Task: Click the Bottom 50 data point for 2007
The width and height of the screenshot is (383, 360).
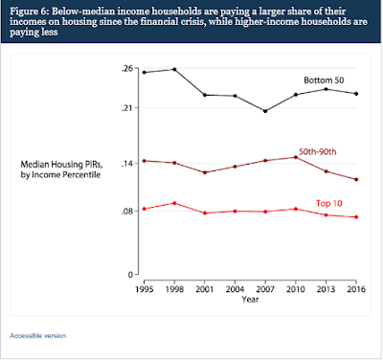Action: pos(265,111)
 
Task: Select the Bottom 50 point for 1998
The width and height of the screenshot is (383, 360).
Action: pos(174,69)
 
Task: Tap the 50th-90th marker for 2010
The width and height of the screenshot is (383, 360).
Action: pos(296,157)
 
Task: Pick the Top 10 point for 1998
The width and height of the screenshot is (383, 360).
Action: pos(174,203)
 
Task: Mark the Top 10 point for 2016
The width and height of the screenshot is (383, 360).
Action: pos(356,217)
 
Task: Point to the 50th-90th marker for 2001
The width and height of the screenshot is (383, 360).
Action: pos(205,172)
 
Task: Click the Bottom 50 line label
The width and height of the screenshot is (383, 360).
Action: pos(324,80)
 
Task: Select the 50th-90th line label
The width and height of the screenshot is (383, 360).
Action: pos(318,151)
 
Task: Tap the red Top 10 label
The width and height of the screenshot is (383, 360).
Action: pos(328,203)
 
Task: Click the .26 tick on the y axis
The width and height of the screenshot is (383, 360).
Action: pos(126,69)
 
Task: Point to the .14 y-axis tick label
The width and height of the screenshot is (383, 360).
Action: pos(126,164)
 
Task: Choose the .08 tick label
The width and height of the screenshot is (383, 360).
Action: pos(126,212)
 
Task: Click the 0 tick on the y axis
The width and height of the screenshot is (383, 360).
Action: pos(130,275)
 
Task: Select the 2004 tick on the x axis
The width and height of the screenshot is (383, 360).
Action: pos(235,289)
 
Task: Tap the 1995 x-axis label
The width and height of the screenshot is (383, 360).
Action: pos(145,289)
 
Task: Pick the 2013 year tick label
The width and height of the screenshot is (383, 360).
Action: pos(326,289)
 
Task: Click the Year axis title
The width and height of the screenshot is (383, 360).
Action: pos(250,300)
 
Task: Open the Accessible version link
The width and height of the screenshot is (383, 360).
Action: pos(37,336)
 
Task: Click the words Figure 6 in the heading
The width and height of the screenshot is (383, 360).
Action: pos(28,11)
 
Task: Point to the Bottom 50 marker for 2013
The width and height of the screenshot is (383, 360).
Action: pos(326,89)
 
